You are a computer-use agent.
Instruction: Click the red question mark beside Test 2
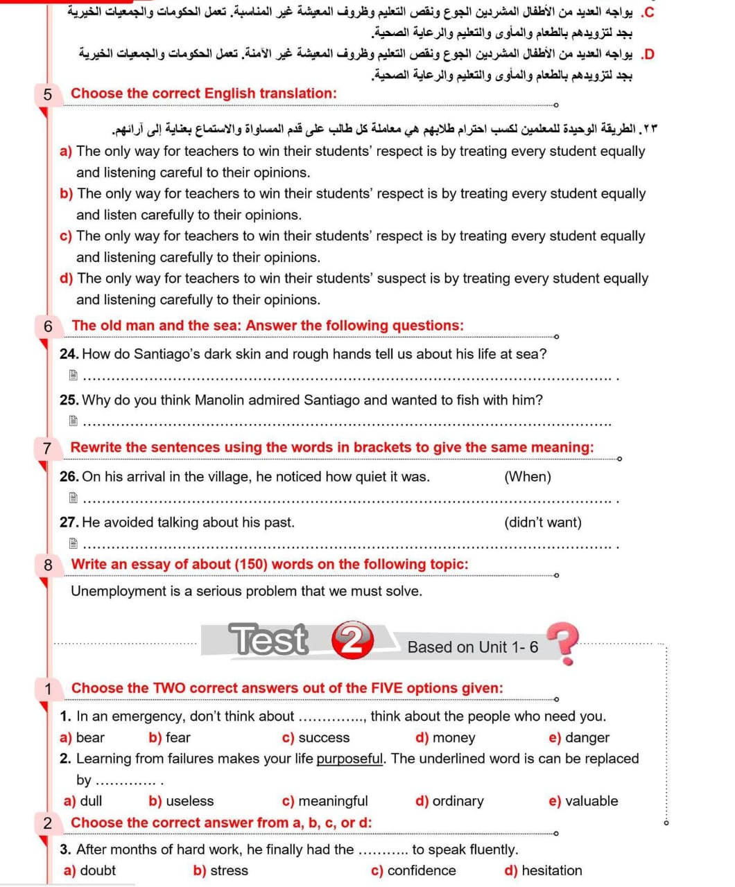(x=563, y=642)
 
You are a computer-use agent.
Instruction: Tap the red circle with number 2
(x=352, y=640)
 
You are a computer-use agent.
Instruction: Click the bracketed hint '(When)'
(x=528, y=477)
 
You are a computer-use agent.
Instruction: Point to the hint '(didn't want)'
(x=543, y=522)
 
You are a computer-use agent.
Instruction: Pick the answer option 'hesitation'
(x=551, y=870)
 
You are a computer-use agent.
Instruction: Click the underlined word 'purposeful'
(x=349, y=759)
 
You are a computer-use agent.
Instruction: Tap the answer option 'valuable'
(x=591, y=801)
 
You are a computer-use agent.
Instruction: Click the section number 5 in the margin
(x=47, y=94)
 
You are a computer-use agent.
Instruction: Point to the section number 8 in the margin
(x=48, y=565)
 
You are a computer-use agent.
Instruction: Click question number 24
(x=69, y=354)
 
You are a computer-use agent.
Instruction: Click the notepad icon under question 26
(x=73, y=498)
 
